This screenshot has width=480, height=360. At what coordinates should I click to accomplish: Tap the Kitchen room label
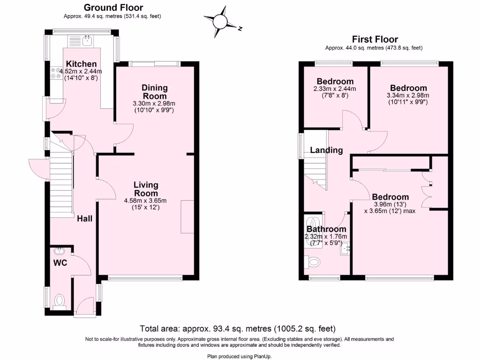coord(81,64)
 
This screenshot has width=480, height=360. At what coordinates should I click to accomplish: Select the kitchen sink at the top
coord(87,41)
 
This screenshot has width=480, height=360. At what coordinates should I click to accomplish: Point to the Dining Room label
coord(155,91)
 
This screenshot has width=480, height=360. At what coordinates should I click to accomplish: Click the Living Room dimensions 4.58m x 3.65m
coord(145,201)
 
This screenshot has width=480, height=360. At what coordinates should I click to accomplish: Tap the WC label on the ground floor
coord(60,263)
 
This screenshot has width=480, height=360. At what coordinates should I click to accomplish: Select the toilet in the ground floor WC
coord(60,300)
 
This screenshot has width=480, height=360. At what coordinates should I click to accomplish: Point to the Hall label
coord(85,218)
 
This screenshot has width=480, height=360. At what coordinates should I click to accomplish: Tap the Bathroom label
coord(326,229)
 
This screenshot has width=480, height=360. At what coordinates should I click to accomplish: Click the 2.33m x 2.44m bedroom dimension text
coord(335,89)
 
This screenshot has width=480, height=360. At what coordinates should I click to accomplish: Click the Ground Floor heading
coord(113,7)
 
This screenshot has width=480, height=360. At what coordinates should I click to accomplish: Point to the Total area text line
coord(238,329)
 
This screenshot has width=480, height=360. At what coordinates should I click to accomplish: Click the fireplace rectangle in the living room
coord(187,216)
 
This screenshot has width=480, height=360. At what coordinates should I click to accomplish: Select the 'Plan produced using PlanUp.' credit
coord(240,356)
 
